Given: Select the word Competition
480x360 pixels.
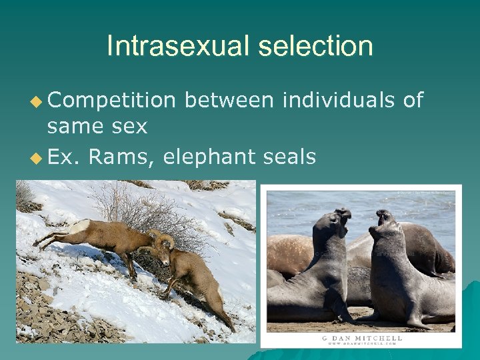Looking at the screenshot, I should (x=111, y=100).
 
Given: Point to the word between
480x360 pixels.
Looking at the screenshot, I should (x=228, y=100).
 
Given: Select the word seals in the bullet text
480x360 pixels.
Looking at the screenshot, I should (x=289, y=158).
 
